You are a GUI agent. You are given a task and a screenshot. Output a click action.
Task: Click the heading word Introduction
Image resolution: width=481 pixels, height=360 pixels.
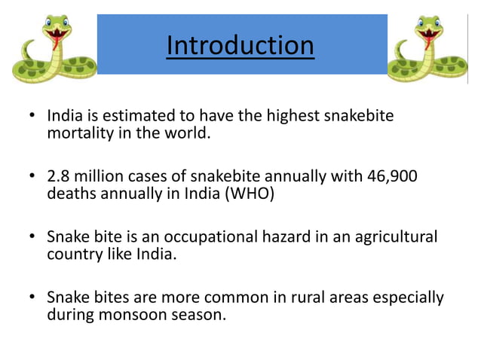(x=240, y=45)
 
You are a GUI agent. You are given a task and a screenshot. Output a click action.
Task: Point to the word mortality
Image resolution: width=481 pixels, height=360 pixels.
(x=78, y=134)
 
